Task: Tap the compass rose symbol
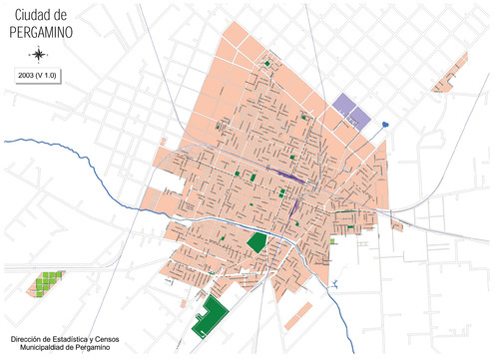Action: coord(37,54)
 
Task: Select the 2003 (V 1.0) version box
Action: coord(37,76)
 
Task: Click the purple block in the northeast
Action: coord(350,110)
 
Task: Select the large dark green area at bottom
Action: coord(211,318)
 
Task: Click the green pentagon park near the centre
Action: coord(257,242)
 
